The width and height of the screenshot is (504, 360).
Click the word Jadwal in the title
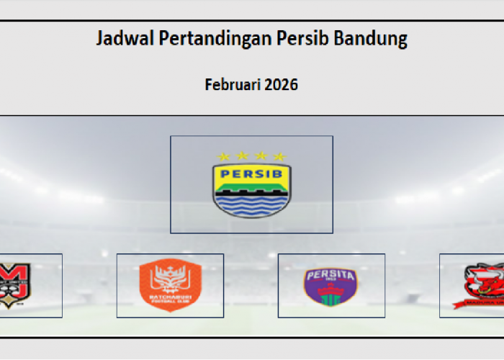120,39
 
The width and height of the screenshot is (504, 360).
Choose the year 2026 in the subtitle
281,84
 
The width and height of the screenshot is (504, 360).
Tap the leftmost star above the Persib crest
224,156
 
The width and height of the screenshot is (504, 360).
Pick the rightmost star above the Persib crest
279,156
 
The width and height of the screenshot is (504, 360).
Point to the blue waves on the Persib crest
251,205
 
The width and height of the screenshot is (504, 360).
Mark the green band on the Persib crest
251,189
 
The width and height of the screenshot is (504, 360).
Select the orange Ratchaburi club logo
170,286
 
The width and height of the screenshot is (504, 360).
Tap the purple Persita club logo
331,286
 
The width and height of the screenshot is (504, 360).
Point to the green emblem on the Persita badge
331,295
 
